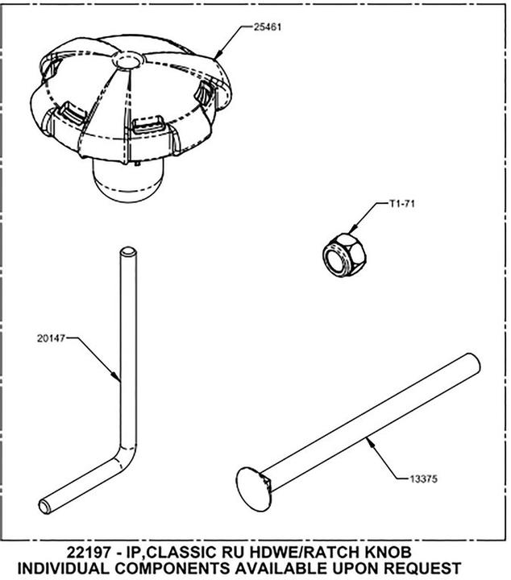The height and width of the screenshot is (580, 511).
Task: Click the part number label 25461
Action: pyautogui.click(x=267, y=27)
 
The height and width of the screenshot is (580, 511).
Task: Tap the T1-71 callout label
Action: pyautogui.click(x=401, y=204)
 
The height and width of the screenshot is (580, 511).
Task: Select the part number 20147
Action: pyautogui.click(x=51, y=338)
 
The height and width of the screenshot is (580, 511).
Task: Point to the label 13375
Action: pyautogui.click(x=423, y=479)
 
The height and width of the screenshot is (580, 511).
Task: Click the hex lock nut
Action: pyautogui.click(x=343, y=255)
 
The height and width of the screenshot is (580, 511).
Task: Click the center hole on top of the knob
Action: pyautogui.click(x=128, y=60)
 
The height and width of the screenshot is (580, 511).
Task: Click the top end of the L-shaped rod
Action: pyautogui.click(x=128, y=252)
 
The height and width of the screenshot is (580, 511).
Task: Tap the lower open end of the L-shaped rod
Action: pyautogui.click(x=45, y=506)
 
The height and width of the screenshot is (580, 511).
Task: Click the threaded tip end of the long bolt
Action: pyautogui.click(x=473, y=363)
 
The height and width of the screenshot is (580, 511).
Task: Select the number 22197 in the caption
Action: pyautogui.click(x=89, y=553)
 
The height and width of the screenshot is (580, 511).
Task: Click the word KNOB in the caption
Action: pyautogui.click(x=388, y=553)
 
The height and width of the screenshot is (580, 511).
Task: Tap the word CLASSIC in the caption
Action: pyautogui.click(x=182, y=553)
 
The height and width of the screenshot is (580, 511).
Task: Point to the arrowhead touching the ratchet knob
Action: pyautogui.click(x=218, y=54)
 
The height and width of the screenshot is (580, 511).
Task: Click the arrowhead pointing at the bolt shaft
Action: pyautogui.click(x=369, y=442)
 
